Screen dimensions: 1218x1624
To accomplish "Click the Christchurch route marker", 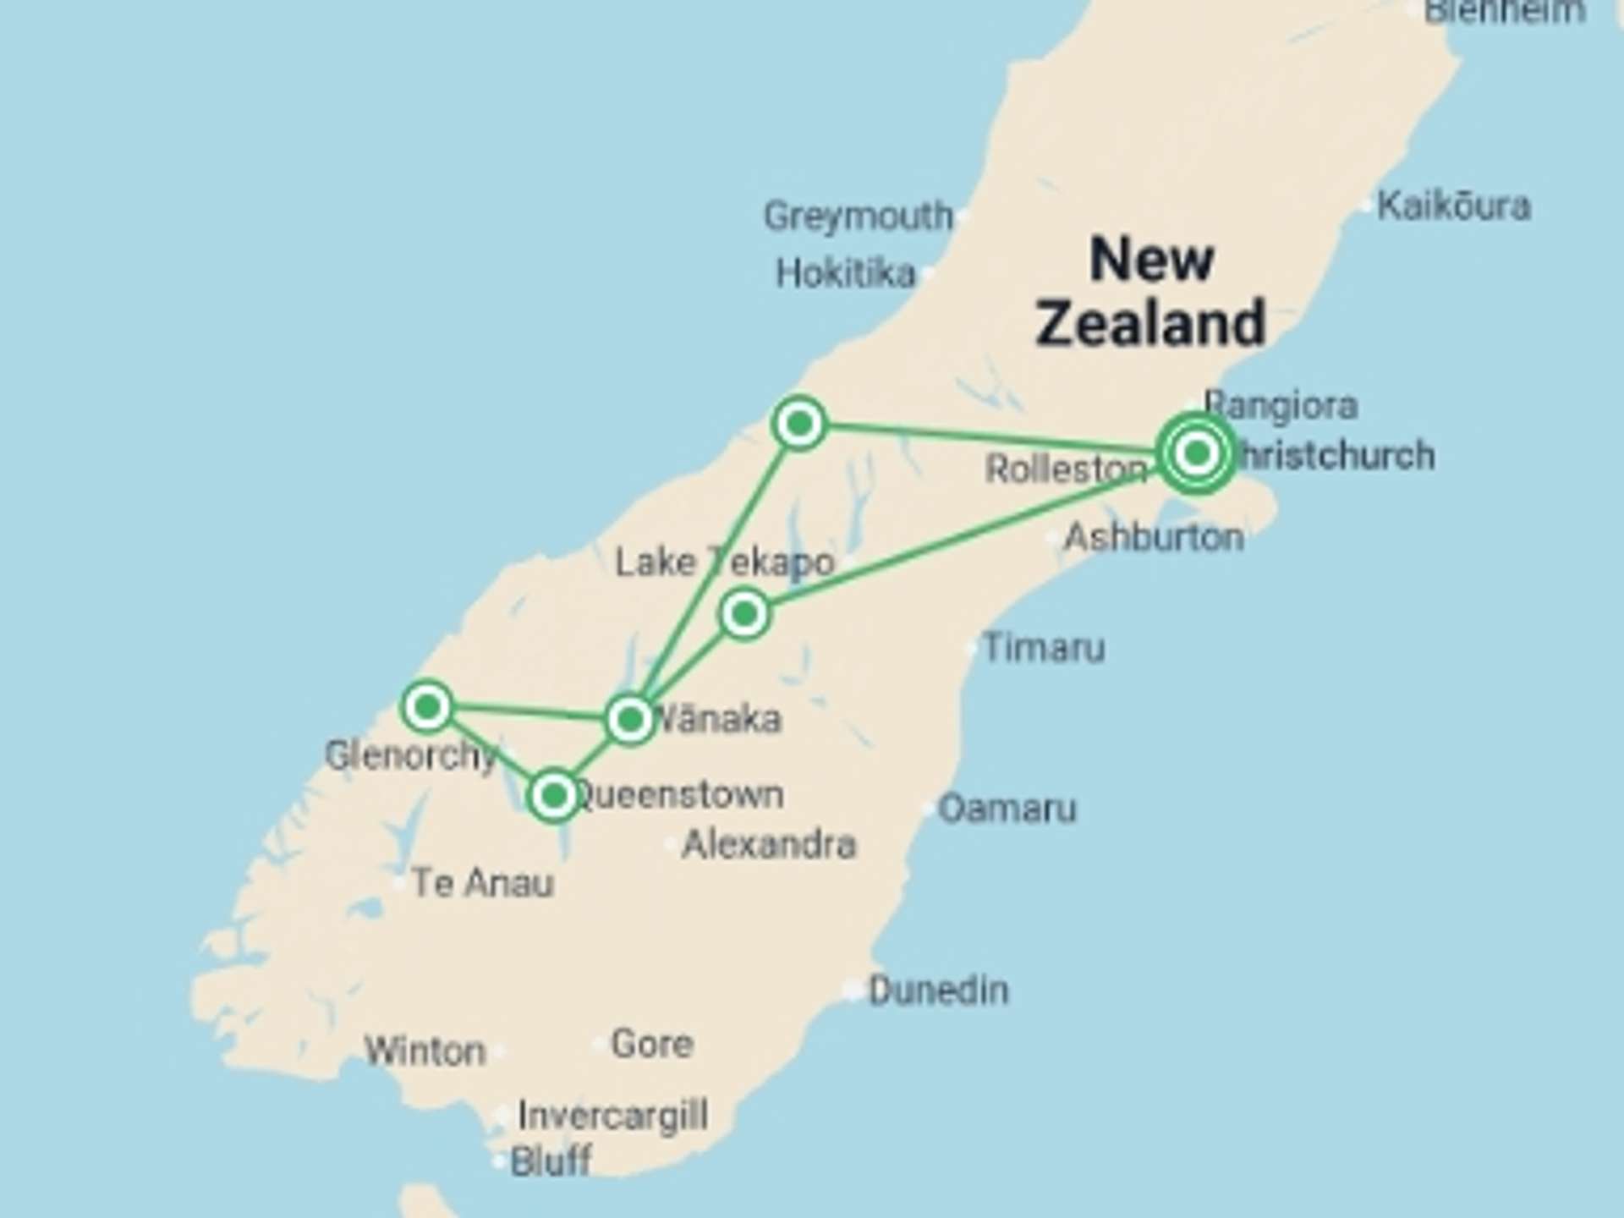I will (x=1196, y=453).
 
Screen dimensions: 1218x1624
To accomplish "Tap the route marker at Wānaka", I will (x=630, y=720).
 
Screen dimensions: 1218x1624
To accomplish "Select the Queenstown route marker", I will (x=554, y=795).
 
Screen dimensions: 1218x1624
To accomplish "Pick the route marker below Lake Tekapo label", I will (x=744, y=614).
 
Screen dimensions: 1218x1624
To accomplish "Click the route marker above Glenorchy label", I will (x=427, y=705).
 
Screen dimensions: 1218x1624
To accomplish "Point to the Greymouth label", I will (x=858, y=217).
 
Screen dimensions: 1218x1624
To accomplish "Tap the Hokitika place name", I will (x=845, y=273).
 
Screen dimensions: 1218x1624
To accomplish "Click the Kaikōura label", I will (x=1453, y=206).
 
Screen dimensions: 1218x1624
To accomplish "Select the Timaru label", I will (x=1044, y=648).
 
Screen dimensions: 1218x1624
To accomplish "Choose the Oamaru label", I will (x=1007, y=809).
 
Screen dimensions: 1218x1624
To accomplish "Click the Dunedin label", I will (x=938, y=990).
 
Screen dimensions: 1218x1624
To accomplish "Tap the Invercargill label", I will (x=612, y=1116).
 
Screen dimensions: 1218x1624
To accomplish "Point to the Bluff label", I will (x=551, y=1160).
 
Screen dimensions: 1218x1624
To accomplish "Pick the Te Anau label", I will (x=482, y=883).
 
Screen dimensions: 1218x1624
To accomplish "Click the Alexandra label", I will (x=768, y=844).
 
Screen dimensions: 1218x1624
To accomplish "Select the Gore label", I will (x=651, y=1044).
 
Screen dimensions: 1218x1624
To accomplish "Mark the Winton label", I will (x=425, y=1051).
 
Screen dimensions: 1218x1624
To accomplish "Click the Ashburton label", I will (x=1153, y=537).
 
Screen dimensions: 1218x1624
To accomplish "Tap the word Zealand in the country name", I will (x=1150, y=323).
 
